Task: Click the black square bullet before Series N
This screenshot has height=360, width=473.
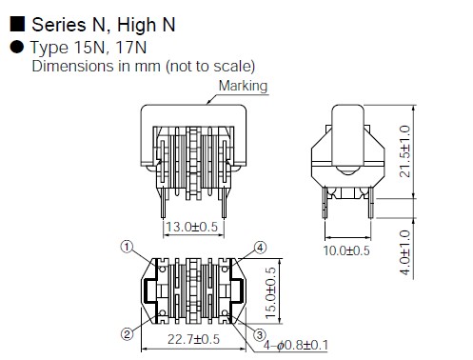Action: pyautogui.click(x=17, y=24)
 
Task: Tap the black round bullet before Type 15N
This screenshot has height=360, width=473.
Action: pyautogui.click(x=17, y=47)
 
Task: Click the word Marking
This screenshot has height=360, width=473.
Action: pyautogui.click(x=243, y=86)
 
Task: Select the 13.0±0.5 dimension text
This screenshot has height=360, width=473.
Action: pyautogui.click(x=192, y=227)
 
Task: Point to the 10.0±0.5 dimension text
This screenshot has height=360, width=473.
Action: pyautogui.click(x=346, y=250)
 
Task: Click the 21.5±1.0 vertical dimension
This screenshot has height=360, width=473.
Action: pyautogui.click(x=404, y=151)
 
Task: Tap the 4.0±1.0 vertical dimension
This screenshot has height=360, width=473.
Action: pyautogui.click(x=404, y=252)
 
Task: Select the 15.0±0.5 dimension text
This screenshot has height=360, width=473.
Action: pyautogui.click(x=270, y=292)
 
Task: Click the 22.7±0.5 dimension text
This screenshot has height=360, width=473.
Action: pyautogui.click(x=193, y=339)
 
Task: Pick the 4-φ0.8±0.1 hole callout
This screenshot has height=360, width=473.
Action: pyautogui.click(x=296, y=345)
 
